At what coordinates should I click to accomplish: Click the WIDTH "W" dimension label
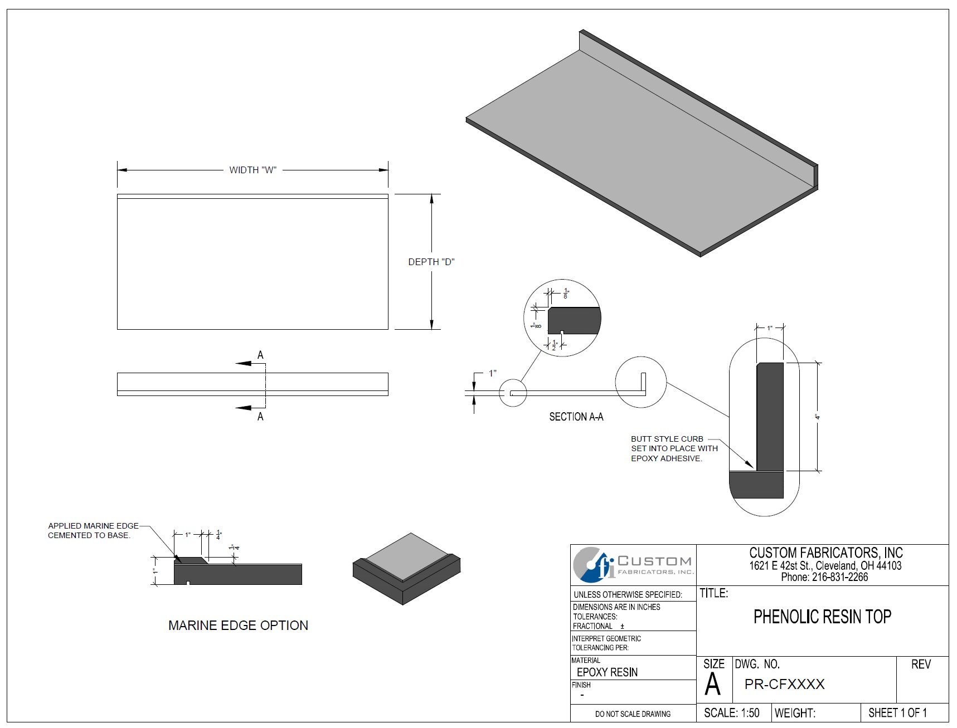(252, 170)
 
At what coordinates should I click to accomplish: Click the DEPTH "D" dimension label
(431, 262)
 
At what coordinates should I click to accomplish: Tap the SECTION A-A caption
(576, 417)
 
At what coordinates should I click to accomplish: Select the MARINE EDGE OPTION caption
(238, 626)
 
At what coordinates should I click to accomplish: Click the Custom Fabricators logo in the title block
(633, 565)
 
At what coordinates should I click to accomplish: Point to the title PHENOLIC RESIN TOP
(822, 617)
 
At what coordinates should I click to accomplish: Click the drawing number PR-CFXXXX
(784, 685)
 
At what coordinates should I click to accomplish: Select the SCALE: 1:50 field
(731, 713)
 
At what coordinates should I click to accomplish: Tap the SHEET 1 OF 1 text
(897, 713)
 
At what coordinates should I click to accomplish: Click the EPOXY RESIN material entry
(607, 672)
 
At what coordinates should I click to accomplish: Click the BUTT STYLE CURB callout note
(673, 448)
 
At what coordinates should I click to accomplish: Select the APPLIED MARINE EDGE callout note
(93, 530)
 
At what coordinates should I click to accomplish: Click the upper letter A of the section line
(260, 355)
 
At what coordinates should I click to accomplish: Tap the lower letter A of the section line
(260, 417)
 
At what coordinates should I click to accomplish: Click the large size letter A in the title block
(712, 685)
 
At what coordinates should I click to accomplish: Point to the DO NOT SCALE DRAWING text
(633, 714)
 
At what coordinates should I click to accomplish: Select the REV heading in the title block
(921, 665)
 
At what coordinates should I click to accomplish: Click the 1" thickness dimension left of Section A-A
(492, 373)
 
